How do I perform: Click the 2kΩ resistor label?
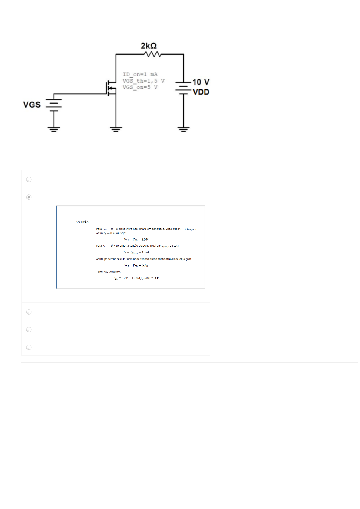click(x=149, y=46)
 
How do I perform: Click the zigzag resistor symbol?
click(x=153, y=54)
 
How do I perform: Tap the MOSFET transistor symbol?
click(x=111, y=88)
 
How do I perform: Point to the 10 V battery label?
click(x=201, y=82)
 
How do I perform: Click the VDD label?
click(x=201, y=92)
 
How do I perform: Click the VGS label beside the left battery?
click(x=32, y=105)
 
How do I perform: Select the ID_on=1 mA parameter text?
click(x=140, y=74)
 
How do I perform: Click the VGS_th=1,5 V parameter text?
click(x=143, y=81)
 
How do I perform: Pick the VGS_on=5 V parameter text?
click(x=140, y=87)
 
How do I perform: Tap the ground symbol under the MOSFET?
click(x=116, y=129)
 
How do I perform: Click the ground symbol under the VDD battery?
click(x=183, y=129)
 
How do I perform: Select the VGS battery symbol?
click(x=54, y=104)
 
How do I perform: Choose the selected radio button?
click(x=29, y=197)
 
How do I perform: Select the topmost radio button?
click(x=29, y=180)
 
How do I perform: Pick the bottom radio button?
click(x=29, y=347)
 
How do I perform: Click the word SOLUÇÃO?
click(x=83, y=222)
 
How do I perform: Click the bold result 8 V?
click(x=156, y=278)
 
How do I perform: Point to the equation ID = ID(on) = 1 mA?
click(x=136, y=252)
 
